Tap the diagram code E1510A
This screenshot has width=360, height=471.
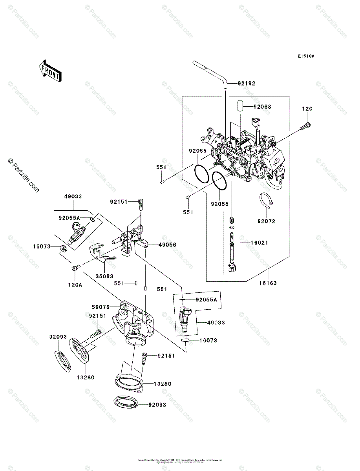click(306, 56)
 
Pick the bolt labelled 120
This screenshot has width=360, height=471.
click(306, 127)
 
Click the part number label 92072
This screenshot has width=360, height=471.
click(266, 221)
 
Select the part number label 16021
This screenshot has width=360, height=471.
click(259, 243)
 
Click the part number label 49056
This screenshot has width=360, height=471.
click(167, 245)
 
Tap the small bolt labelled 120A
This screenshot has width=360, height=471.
click(75, 268)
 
